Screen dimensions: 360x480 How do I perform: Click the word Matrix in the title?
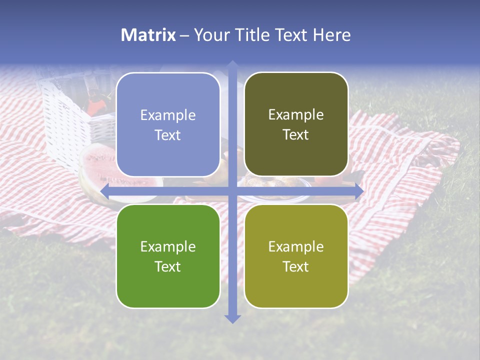[x=148, y=35]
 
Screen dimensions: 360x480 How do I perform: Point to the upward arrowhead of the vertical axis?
[x=232, y=64]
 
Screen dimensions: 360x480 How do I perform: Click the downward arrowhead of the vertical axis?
[x=232, y=318]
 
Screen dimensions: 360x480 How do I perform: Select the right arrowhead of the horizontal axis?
[x=359, y=191]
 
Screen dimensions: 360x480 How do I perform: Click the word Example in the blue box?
[x=168, y=115]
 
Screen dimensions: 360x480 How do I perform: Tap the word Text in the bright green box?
[x=168, y=267]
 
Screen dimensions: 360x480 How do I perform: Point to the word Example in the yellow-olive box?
[x=296, y=246]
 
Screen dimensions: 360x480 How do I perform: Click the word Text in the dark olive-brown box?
[x=296, y=135]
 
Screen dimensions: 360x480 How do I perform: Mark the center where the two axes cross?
[x=232, y=191]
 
